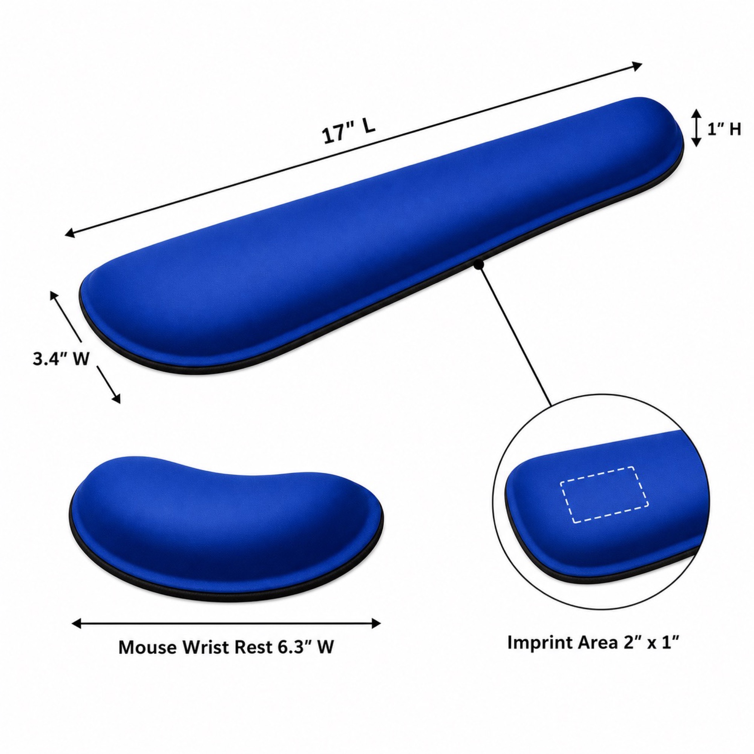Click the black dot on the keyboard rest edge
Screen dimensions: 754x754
click(479, 265)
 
